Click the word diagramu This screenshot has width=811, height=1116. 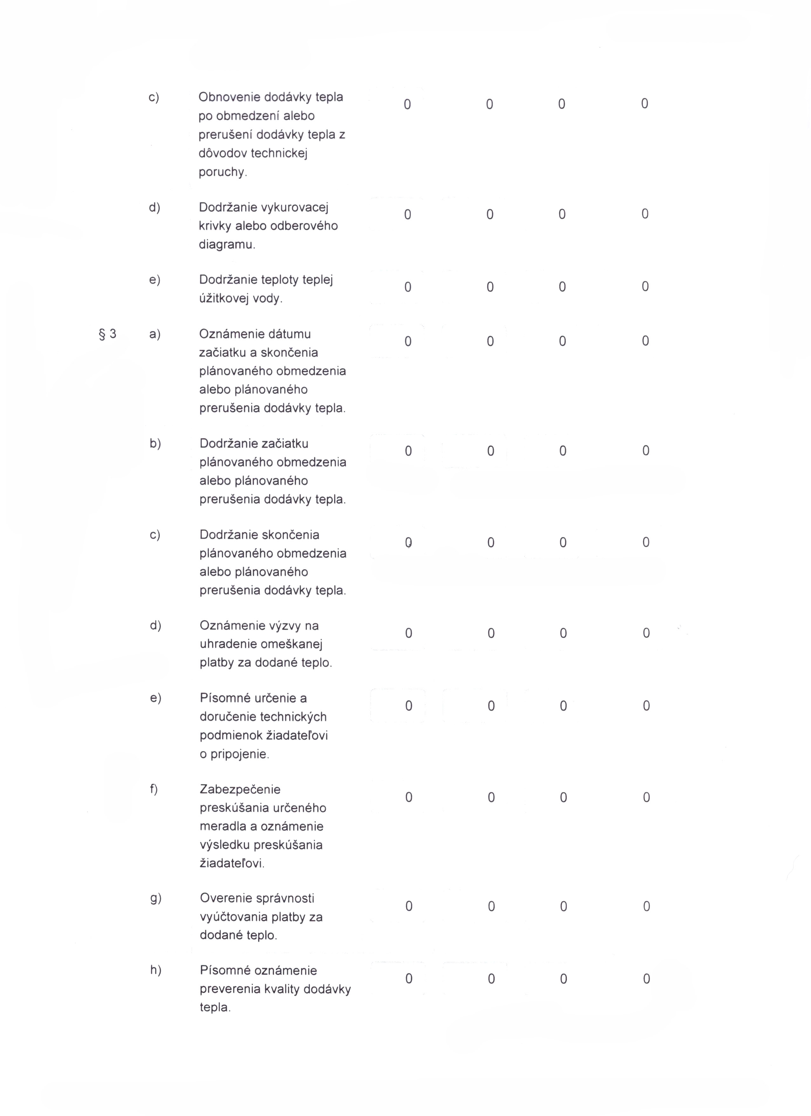[x=226, y=245]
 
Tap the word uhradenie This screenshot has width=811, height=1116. [x=226, y=644]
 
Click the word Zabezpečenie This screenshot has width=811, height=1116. [x=240, y=790]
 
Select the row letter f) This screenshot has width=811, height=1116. [x=154, y=789]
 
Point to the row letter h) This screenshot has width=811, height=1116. [x=155, y=970]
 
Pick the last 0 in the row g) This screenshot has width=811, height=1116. [x=647, y=906]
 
